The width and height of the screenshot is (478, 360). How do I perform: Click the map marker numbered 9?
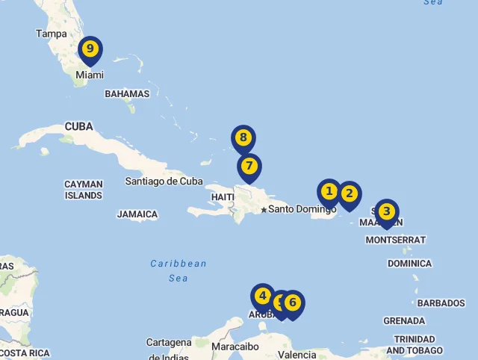(90, 49)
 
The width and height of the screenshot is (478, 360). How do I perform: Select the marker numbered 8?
(243, 137)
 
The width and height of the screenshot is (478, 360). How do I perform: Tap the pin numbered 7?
(249, 166)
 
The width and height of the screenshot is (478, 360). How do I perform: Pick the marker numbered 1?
(329, 192)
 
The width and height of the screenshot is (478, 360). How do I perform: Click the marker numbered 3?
(386, 211)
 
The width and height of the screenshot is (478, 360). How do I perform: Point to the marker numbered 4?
(262, 296)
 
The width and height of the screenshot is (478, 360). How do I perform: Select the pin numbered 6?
(293, 303)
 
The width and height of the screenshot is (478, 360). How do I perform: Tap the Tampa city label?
(52, 34)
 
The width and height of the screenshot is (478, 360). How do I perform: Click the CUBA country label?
(79, 126)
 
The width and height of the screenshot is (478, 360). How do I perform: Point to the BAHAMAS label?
(127, 94)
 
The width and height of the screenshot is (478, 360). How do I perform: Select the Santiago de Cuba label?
(164, 181)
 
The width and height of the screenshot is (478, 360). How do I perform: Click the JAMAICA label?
(137, 214)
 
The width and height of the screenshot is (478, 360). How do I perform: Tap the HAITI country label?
(223, 196)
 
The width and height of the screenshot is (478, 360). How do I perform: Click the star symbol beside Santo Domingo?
(264, 210)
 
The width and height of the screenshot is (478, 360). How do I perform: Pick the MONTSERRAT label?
(396, 240)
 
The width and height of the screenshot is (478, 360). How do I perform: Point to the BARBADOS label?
(441, 303)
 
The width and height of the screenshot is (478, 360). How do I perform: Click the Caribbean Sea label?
(179, 270)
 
